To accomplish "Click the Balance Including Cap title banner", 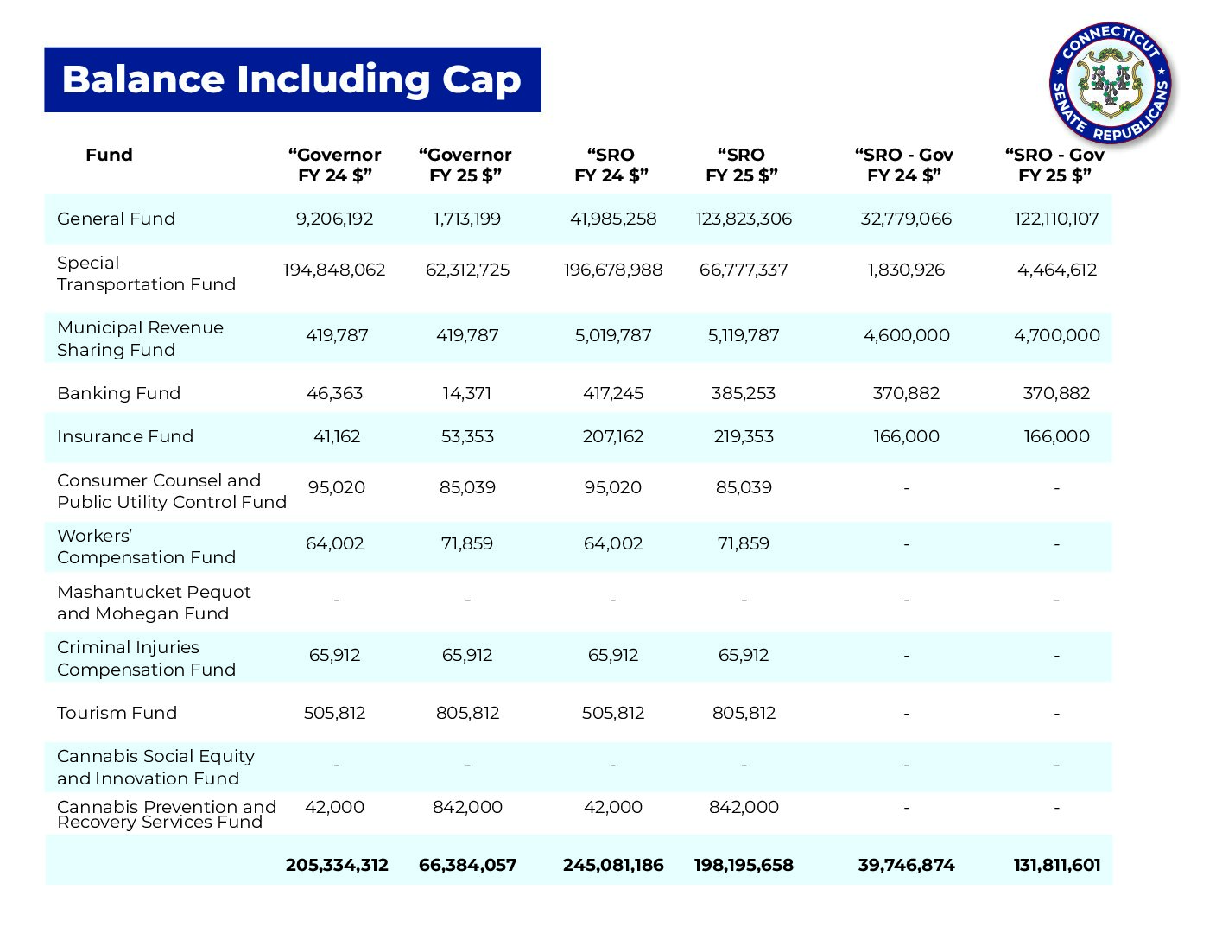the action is pos(292,79).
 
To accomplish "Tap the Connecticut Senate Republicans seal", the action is pos(1111,84).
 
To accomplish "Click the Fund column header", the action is pos(109,155).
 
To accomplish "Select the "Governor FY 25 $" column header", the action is pos(465,165).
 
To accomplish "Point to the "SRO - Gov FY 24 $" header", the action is pos(903,165).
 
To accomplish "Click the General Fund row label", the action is pos(116,219).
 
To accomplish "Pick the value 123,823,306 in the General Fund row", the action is pos(743,219).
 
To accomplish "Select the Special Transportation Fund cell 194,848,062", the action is pos(334,270).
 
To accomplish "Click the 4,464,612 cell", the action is pos(1056,270).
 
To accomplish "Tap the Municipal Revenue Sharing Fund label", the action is pos(140,338).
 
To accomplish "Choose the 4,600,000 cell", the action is pos(906,335).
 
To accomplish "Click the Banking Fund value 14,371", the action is pos(466,393).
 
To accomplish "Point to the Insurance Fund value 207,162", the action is pos(613,436).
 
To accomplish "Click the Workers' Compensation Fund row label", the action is pos(146,546).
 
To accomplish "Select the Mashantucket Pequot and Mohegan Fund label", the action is pos(154,602).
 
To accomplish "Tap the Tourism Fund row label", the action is pos(117,713).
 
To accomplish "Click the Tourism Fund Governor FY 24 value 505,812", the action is pos(334,713).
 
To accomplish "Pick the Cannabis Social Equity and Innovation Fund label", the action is pos(155,767).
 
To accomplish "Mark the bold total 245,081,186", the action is pos(613,865).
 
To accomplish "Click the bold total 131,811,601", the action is pos(1056,865).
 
